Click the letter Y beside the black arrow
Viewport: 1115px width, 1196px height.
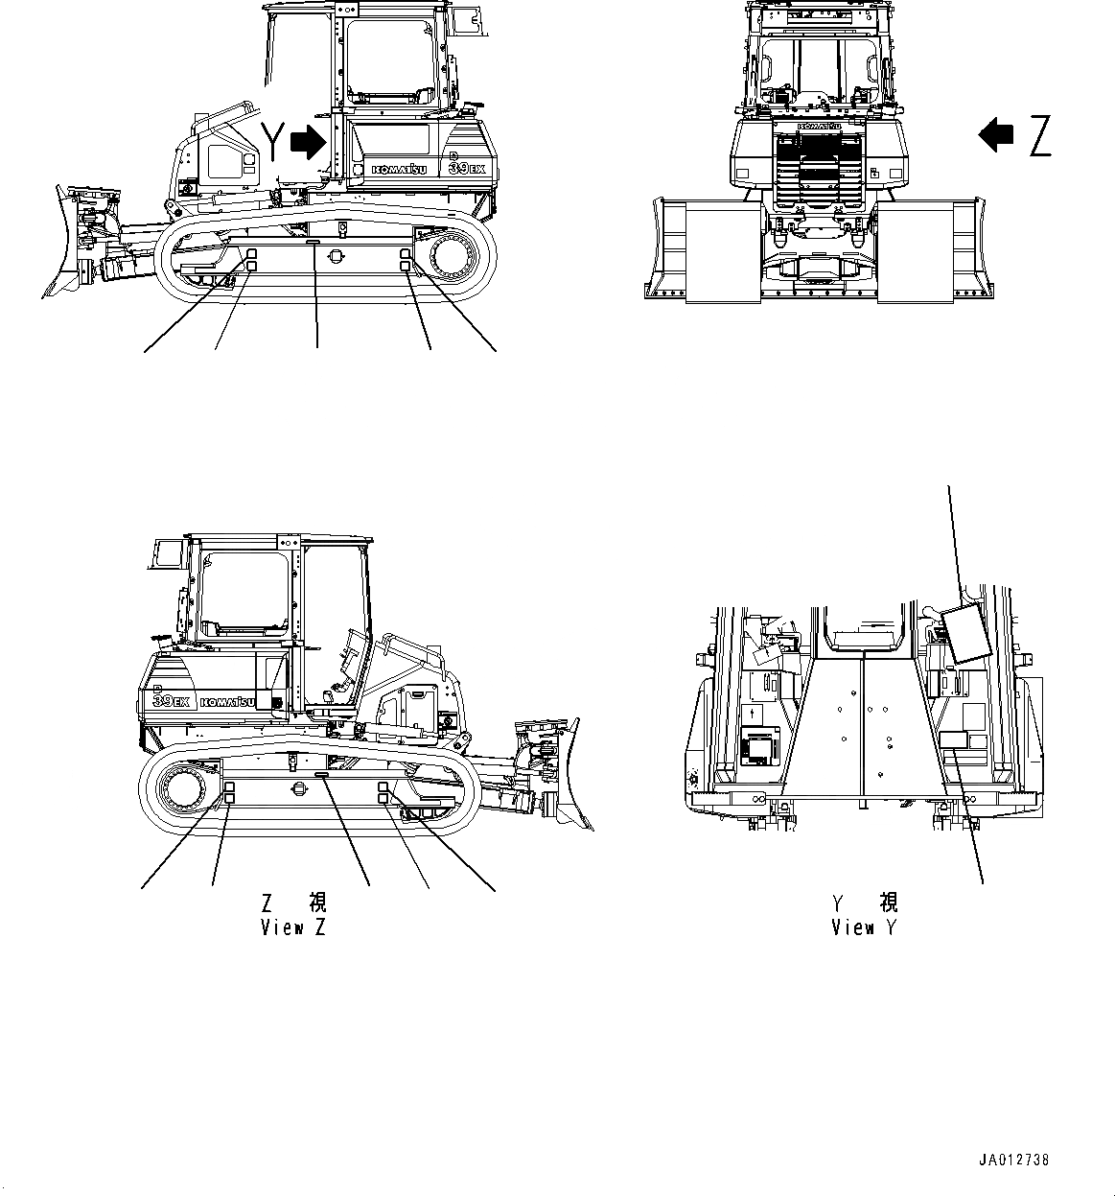click(274, 141)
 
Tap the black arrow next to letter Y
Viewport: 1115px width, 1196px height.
click(308, 142)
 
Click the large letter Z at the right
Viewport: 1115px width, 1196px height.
click(1039, 135)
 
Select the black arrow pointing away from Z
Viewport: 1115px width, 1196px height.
click(996, 134)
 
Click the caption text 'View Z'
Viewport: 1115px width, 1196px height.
click(293, 927)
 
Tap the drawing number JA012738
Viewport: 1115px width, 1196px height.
click(1014, 1160)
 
